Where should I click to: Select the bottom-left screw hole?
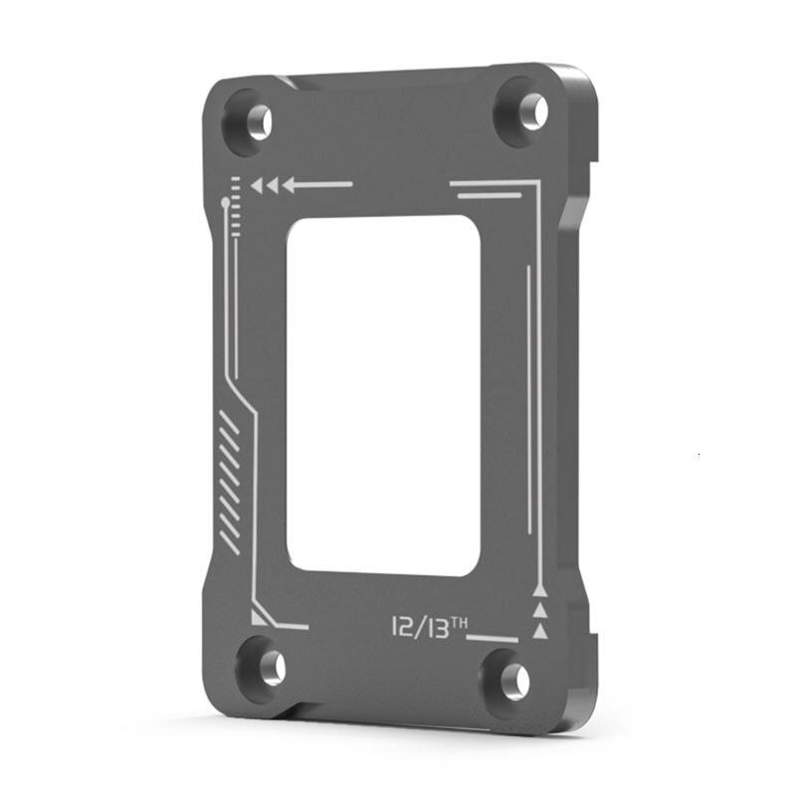273,667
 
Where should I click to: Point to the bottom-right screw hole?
514,681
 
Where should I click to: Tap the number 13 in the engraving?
439,628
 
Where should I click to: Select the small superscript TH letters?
461,622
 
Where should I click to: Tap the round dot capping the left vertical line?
226,202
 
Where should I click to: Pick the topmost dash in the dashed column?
236,178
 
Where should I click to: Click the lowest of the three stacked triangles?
540,631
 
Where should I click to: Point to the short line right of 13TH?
495,637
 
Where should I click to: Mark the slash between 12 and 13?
419,628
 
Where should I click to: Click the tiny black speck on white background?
698,456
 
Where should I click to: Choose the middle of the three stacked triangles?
540,610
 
